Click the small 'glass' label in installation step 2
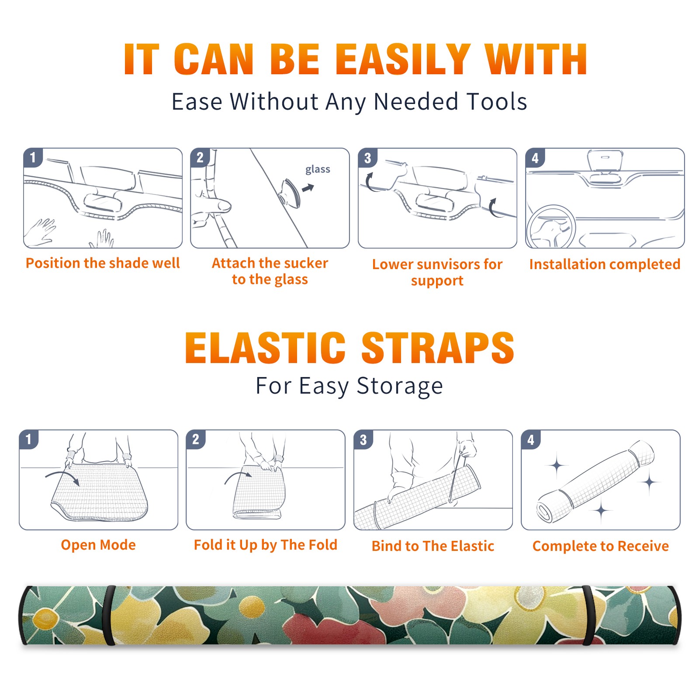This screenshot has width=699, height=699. (x=318, y=170)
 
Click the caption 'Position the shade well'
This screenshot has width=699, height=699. (x=103, y=263)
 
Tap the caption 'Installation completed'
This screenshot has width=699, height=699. (x=605, y=264)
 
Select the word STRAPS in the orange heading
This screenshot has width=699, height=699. (x=438, y=348)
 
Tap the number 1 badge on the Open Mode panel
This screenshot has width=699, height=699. (x=29, y=439)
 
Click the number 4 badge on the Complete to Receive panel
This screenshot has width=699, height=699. (x=531, y=439)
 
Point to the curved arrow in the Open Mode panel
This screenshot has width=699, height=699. (x=62, y=478)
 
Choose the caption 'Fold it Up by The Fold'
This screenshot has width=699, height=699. (x=266, y=545)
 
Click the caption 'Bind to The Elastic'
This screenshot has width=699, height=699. (x=433, y=546)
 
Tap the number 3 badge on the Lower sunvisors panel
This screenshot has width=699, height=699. (x=367, y=158)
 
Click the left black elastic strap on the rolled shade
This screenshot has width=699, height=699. (x=109, y=615)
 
